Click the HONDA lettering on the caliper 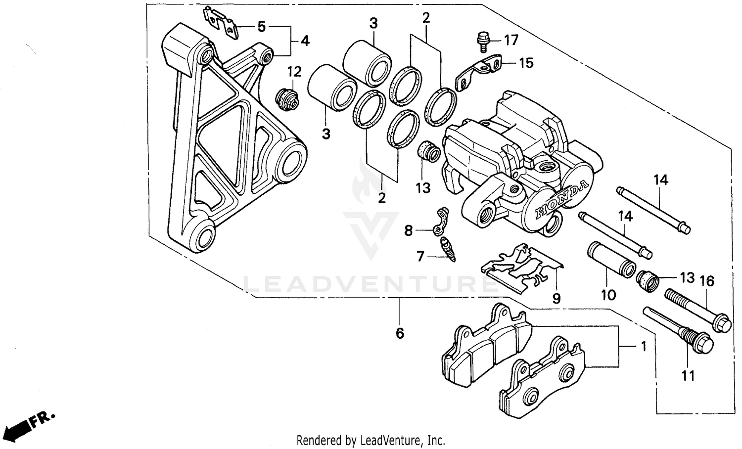click(562, 199)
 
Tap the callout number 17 click(511, 40)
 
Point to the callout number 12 click(294, 72)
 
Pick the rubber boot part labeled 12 click(287, 99)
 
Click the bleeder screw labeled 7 click(448, 248)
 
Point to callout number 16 click(707, 281)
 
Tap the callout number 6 click(400, 333)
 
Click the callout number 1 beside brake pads click(643, 347)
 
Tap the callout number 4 click(305, 41)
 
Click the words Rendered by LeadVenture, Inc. click(371, 440)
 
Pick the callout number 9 click(556, 298)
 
